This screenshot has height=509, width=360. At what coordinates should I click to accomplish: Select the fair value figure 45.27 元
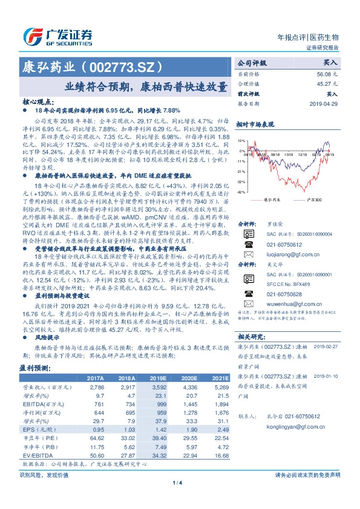click(327, 83)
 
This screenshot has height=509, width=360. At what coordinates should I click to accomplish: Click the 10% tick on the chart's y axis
click(241, 141)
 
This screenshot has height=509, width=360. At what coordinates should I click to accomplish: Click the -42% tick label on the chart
click(241, 192)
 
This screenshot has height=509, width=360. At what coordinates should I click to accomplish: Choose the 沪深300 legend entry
click(315, 198)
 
